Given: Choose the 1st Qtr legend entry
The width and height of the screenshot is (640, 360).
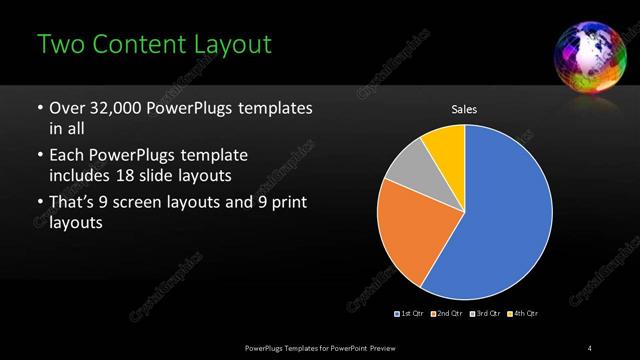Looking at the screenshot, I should coord(409,314).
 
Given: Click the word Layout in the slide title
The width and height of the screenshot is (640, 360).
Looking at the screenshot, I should coord(227,45).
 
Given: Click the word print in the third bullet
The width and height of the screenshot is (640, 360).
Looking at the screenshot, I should coord(287,203).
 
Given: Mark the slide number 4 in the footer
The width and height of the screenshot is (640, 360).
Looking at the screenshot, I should coord(590,347).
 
